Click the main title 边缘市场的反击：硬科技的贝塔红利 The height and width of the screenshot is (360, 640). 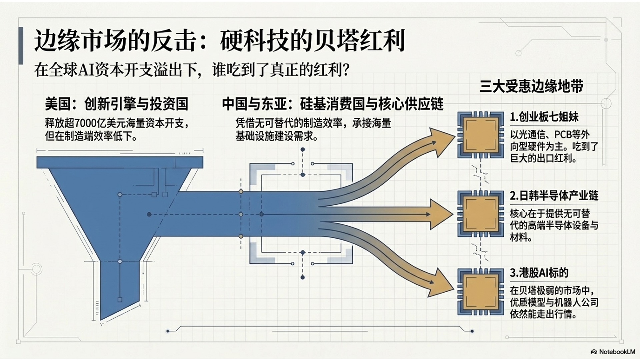[x=219, y=41]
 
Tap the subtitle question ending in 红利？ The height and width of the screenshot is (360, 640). [x=192, y=70]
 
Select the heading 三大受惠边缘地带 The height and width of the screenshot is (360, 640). [x=531, y=86]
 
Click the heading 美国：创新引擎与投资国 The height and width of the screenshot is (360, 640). [x=117, y=104]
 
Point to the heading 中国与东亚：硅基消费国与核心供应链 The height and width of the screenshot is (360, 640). [x=333, y=104]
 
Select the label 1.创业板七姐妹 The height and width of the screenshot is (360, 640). [x=544, y=117]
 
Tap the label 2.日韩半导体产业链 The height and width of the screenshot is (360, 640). [x=554, y=196]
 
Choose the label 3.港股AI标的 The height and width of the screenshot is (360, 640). [x=539, y=273]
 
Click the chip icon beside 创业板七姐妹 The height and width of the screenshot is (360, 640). [x=480, y=135]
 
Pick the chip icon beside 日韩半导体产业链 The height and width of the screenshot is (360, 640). [x=480, y=214]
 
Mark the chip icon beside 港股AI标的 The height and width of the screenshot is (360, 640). [x=480, y=292]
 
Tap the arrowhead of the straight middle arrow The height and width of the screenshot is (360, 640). [x=441, y=214]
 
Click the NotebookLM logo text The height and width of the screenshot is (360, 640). [x=613, y=352]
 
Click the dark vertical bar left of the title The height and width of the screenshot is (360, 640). [x=21, y=46]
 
